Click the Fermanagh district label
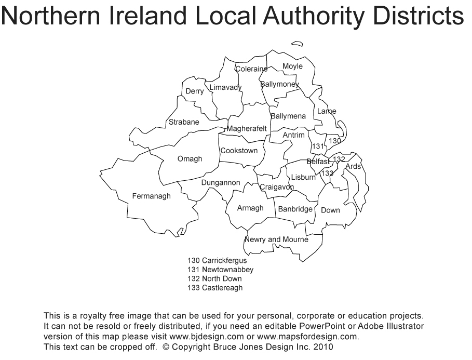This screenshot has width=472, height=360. pos(151,196)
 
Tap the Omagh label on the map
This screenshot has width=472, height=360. pos(190,159)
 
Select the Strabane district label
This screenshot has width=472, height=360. pos(184,123)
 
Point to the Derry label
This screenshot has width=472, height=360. pos(195,91)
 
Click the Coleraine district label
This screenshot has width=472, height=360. pos(251,69)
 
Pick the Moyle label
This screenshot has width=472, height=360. pos(292,66)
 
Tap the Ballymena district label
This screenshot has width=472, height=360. pos(288,116)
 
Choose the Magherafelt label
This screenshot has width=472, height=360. pos(247,128)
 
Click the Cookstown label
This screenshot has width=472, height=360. pos(239,151)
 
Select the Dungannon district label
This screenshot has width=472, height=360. pos(221,183)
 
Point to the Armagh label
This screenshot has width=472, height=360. pos(250,208)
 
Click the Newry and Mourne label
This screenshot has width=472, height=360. pos(276,239)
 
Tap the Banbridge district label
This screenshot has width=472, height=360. pos(295,209)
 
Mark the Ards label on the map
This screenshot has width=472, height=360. pos(353,167)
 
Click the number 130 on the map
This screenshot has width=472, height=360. pos(335,141)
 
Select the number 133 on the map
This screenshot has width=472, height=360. pos(327,173)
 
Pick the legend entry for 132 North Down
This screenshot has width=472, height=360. pos(214,279)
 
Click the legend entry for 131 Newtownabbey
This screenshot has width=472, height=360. pos(221,270)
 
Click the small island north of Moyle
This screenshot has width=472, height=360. pos(297,44)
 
